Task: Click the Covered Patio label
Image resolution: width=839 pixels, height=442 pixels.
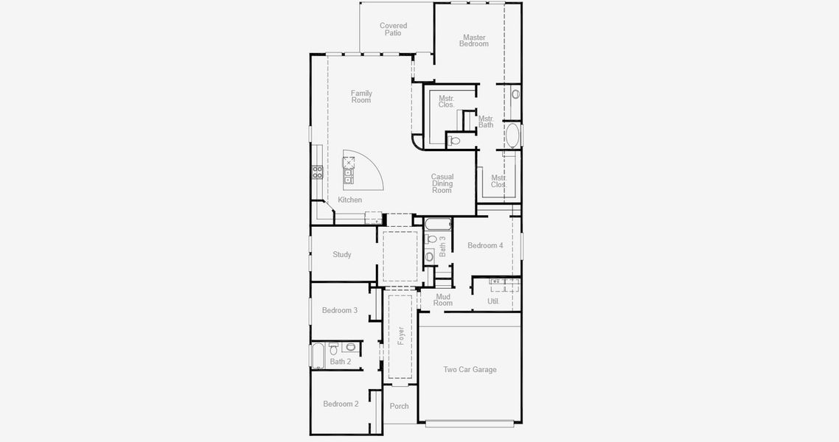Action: click(x=394, y=29)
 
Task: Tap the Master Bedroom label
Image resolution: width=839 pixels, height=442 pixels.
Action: click(x=474, y=41)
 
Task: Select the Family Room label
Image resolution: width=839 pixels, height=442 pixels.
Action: click(x=361, y=97)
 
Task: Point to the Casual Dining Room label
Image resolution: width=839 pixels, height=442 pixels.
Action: click(x=442, y=183)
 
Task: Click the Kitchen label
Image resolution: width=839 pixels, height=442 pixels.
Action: click(x=350, y=200)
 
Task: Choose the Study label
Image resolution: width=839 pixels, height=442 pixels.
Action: click(x=342, y=255)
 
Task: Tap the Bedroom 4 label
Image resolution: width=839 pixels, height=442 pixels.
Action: click(x=485, y=245)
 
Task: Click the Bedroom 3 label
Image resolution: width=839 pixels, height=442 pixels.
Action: click(x=340, y=310)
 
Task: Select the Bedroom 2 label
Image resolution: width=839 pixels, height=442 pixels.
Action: click(x=341, y=404)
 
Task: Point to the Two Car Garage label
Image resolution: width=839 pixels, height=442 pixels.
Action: click(x=470, y=370)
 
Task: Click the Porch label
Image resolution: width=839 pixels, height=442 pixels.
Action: click(x=400, y=406)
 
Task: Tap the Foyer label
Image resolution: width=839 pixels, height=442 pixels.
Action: click(x=401, y=336)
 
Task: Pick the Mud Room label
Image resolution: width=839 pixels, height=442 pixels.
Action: click(x=443, y=300)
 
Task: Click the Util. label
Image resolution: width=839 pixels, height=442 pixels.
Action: click(x=494, y=301)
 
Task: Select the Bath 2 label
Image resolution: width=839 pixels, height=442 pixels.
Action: click(x=341, y=362)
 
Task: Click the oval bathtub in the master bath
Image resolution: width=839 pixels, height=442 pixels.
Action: click(x=512, y=136)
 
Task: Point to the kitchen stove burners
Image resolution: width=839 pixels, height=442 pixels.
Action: click(x=318, y=172)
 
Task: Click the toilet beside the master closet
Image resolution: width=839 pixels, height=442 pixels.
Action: click(x=454, y=140)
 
